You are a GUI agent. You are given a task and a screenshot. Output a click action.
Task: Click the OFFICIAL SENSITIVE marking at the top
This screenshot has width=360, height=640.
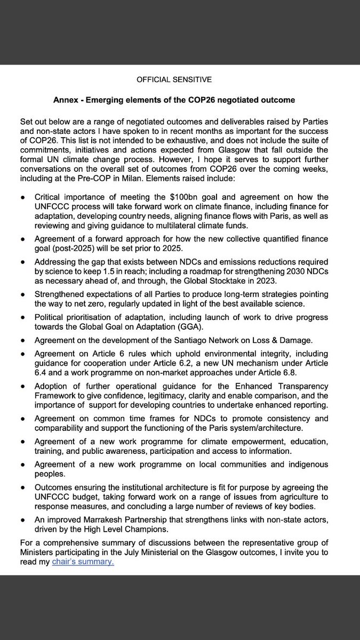tap(174, 79)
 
